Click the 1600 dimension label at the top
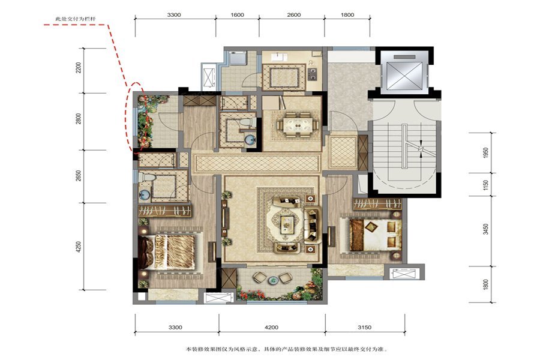point(237,15)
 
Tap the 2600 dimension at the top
point(294,15)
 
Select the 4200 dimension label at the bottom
point(271,327)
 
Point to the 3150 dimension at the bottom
point(364,327)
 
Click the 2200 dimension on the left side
point(79,68)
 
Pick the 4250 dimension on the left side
point(79,247)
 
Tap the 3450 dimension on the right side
point(485,229)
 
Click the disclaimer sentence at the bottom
point(287,349)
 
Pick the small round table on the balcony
point(273,280)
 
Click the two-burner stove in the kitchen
point(313,74)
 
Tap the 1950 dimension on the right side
point(485,153)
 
